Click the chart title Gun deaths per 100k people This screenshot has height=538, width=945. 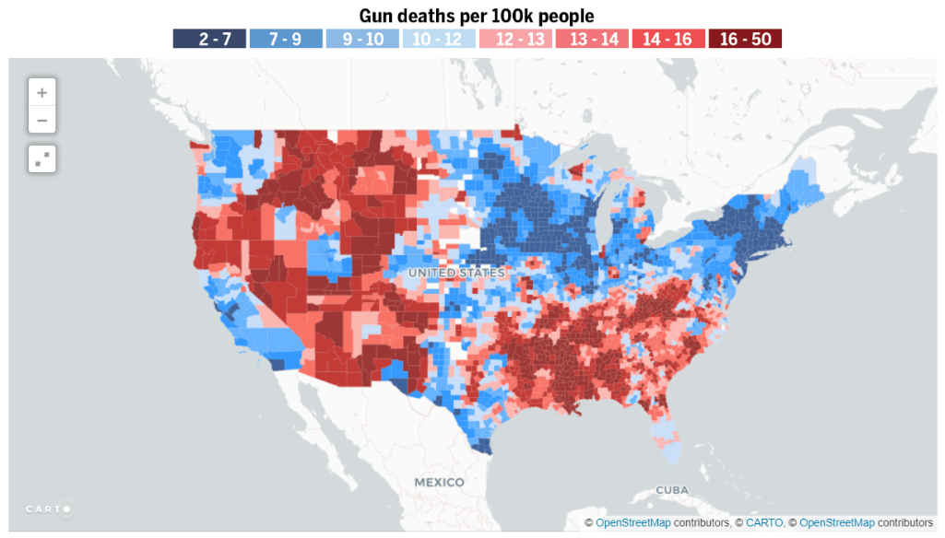click(x=476, y=16)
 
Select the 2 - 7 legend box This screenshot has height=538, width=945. click(x=208, y=39)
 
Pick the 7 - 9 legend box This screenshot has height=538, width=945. click(x=285, y=39)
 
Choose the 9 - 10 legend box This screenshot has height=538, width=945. click(x=361, y=39)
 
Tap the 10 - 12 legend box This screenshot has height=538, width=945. click(x=438, y=39)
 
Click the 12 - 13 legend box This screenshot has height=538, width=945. click(x=514, y=39)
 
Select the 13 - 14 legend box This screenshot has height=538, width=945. click(x=591, y=39)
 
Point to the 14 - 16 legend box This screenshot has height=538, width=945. click(x=667, y=39)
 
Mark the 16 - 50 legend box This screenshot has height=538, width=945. click(x=745, y=39)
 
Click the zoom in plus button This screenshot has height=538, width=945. click(x=42, y=92)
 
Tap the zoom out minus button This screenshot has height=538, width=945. click(x=42, y=120)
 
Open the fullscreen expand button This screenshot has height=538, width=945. click(x=42, y=158)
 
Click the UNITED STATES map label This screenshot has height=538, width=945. click(x=456, y=274)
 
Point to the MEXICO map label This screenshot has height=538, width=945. click(x=439, y=483)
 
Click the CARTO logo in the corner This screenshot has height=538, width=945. click(x=48, y=509)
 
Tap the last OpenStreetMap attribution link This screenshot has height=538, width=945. click(x=837, y=523)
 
